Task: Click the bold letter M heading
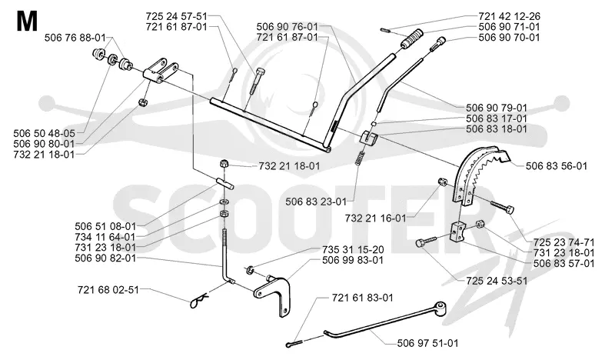(x=28, y=22)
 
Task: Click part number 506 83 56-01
(x=556, y=166)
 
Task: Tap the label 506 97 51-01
(x=427, y=343)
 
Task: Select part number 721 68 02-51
(x=108, y=290)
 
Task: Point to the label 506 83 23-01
(x=316, y=202)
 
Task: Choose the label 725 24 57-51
(x=176, y=16)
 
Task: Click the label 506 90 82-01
(x=105, y=258)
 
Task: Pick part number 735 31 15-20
(x=353, y=250)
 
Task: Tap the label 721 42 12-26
(x=509, y=16)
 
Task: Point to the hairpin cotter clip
(x=199, y=301)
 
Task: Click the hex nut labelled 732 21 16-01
(x=442, y=182)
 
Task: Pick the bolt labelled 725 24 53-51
(x=427, y=241)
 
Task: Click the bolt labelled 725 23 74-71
(x=502, y=207)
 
